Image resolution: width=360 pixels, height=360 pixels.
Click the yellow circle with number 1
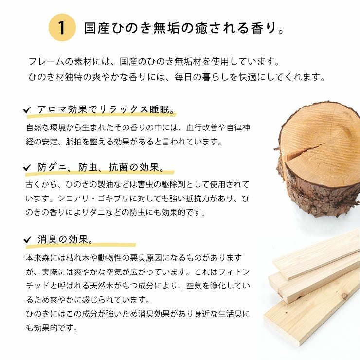click(x=62, y=28)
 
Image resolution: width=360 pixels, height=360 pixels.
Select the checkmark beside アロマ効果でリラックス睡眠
click(x=27, y=110)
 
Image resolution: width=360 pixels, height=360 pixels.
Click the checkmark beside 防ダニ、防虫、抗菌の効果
click(x=27, y=168)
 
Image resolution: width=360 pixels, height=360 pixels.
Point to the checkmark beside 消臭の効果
click(x=27, y=240)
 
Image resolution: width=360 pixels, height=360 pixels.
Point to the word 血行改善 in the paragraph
click(x=202, y=127)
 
